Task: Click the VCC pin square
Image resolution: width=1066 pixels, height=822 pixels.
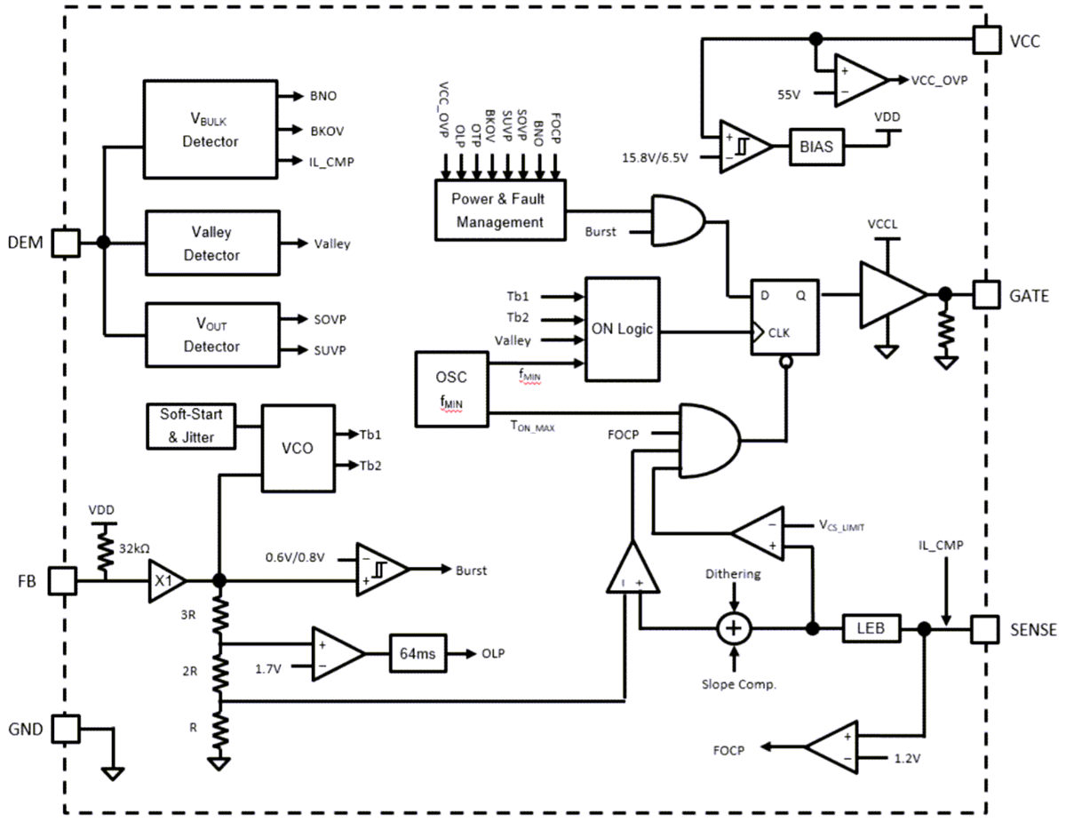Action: tap(986, 38)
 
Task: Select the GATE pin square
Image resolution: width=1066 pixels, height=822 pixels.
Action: tap(986, 294)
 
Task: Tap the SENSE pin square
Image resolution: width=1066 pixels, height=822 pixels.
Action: tap(983, 628)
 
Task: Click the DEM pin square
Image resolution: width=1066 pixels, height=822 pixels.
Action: tap(66, 242)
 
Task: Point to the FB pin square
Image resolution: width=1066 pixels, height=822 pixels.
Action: tap(61, 580)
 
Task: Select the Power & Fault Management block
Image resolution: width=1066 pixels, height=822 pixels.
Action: tap(500, 210)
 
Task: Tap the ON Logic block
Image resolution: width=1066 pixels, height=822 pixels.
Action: tap(622, 328)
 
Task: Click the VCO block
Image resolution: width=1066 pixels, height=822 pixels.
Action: tap(296, 448)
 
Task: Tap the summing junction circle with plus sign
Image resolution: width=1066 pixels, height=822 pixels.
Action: tap(734, 628)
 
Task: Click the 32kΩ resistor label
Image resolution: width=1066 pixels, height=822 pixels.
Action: tap(134, 547)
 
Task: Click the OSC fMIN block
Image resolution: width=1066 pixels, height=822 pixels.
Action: tap(451, 388)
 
